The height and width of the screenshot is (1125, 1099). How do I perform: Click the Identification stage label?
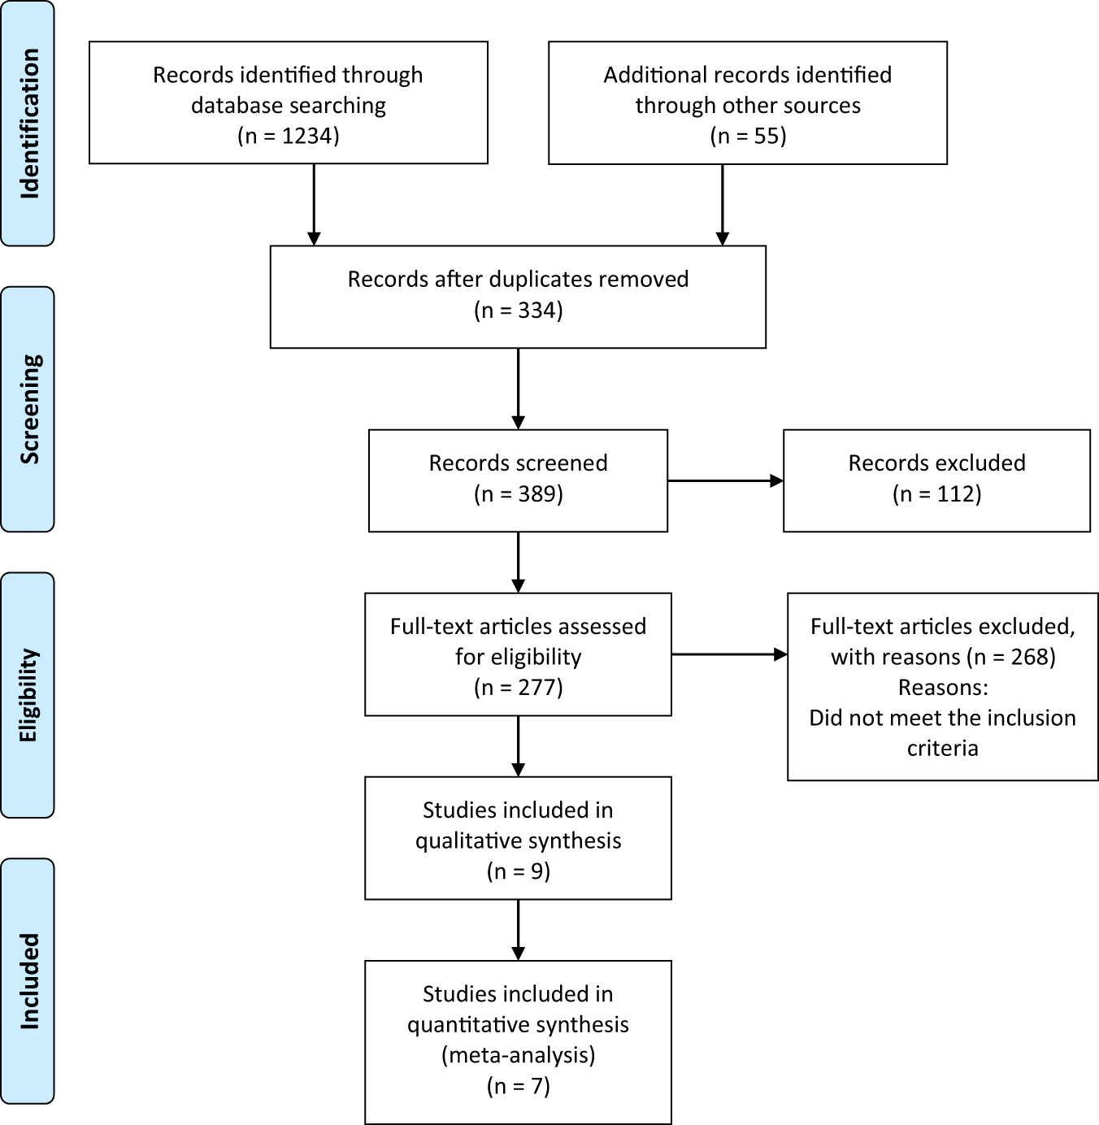[x=28, y=124]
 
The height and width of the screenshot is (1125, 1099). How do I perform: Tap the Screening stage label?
[x=28, y=409]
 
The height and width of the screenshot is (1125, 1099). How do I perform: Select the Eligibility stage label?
[x=28, y=695]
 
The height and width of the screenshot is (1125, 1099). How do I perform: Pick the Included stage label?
[x=28, y=981]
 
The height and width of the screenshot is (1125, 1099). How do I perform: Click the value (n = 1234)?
[x=289, y=136]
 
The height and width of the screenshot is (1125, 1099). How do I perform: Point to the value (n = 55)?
[x=748, y=136]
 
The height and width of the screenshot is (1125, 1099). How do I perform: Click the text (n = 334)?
[x=518, y=311]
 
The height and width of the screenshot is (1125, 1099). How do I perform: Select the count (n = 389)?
[x=518, y=494]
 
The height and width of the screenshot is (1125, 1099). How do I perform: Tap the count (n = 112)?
[x=936, y=494]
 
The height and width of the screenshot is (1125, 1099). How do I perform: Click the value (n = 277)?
[x=518, y=688]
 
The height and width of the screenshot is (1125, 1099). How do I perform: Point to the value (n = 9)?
[x=518, y=871]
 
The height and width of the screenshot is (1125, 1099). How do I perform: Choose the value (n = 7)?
[x=518, y=1086]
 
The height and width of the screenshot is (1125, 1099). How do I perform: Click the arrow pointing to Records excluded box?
[x=725, y=481]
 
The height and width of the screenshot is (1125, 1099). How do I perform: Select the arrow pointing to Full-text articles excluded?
[x=729, y=654]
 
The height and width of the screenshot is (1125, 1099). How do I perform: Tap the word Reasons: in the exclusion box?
[x=943, y=688]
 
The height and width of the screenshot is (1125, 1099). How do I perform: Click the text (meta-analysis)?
[x=518, y=1055]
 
